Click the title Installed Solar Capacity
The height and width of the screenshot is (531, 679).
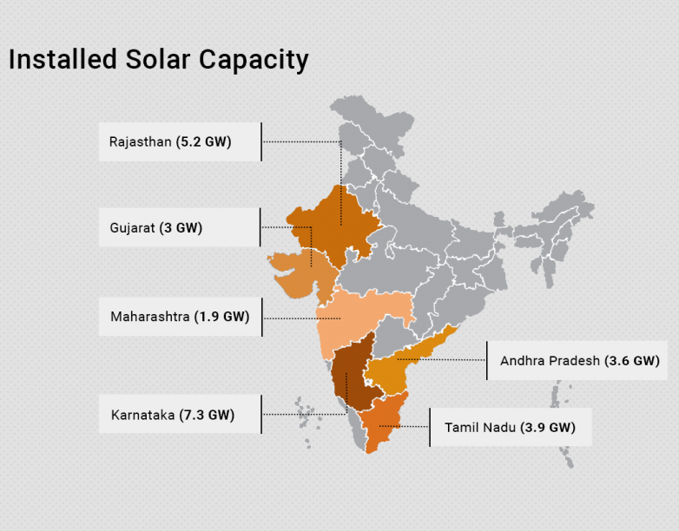pos(158,59)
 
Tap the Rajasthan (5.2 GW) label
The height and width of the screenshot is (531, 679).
pos(170,141)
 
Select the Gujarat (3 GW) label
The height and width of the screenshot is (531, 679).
pos(156,228)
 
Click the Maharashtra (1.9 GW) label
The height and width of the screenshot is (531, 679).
pos(180,317)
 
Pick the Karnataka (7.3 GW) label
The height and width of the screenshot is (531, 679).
pos(173,415)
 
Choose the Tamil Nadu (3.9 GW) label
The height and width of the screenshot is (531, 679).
pos(510,427)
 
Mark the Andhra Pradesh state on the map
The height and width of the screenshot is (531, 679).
pos(395,364)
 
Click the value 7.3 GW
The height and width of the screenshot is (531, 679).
pos(207,415)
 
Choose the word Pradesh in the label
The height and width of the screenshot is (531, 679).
pos(577,360)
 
